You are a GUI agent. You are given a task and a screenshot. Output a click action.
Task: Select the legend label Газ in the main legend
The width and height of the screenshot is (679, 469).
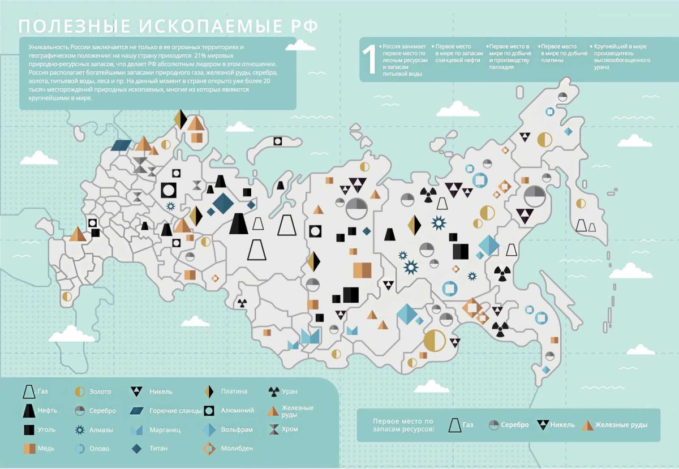43,391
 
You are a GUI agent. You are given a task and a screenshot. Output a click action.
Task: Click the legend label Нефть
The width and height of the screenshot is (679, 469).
48,410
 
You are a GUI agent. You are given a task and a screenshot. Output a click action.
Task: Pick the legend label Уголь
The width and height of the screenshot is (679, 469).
47,429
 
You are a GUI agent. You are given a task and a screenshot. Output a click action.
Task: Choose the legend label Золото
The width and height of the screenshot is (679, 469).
100,391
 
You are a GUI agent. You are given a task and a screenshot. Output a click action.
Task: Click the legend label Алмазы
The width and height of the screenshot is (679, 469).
101,429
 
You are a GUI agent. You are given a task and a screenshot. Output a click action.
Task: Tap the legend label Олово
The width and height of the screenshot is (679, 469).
100,449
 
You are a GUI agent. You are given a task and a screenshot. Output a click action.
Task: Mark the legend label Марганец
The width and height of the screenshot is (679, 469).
166,429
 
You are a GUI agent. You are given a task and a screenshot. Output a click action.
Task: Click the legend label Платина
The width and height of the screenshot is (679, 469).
234,391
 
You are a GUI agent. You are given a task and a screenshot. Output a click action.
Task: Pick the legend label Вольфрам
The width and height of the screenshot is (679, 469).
237,429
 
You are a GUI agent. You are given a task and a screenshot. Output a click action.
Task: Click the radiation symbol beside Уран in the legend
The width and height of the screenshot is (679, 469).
273,391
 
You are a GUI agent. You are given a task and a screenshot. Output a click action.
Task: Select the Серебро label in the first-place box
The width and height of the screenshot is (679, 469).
514,425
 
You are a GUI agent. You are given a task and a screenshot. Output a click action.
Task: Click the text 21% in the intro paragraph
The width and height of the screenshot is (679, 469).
200,55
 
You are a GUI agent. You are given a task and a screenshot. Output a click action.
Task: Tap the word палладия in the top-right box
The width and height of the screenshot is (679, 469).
501,67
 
